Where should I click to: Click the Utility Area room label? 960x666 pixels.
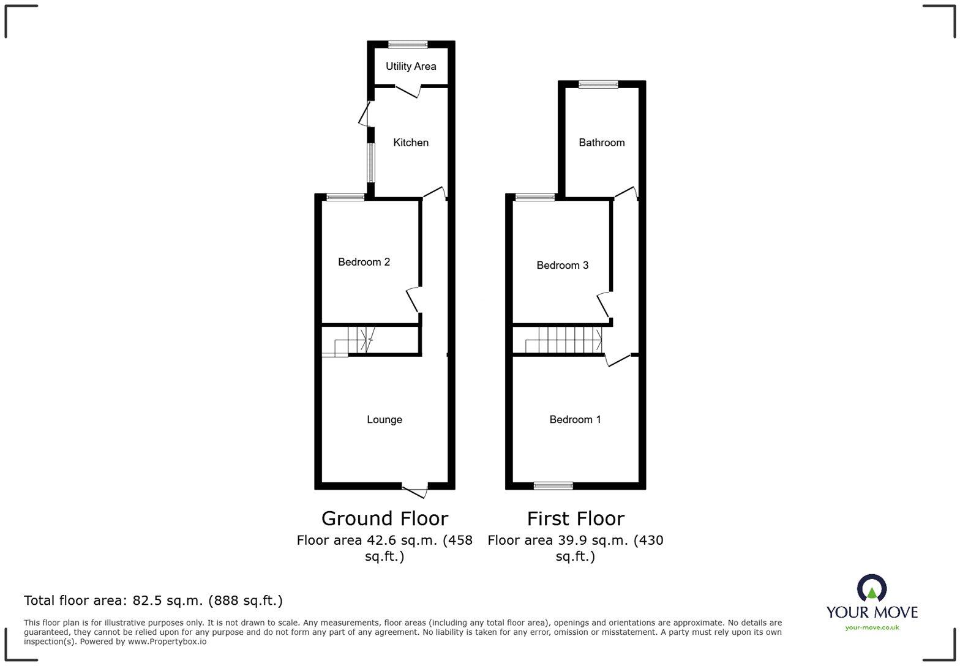(411, 66)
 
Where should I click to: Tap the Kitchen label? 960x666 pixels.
(410, 143)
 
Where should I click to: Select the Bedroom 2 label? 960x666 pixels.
(364, 262)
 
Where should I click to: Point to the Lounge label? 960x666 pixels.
(384, 419)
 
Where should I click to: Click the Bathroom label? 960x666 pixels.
(601, 143)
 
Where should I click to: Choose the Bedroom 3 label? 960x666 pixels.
(562, 265)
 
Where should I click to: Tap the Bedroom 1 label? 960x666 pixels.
(575, 419)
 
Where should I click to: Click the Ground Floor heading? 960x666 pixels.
(384, 518)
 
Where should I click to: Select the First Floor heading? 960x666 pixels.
(576, 518)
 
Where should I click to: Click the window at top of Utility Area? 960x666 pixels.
(408, 44)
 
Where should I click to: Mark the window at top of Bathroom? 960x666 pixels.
(598, 84)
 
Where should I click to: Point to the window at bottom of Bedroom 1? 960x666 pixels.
(553, 486)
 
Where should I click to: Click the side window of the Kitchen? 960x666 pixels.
(370, 162)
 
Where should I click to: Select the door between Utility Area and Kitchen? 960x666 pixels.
(407, 91)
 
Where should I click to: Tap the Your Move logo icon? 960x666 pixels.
(871, 589)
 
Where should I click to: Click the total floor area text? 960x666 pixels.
(153, 601)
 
